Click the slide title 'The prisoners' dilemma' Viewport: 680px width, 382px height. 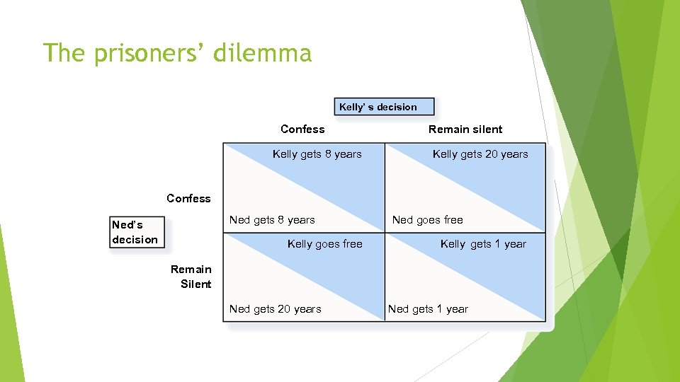tap(177, 53)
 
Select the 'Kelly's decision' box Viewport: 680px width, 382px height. tap(383, 107)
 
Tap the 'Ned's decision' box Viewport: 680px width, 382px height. tap(136, 233)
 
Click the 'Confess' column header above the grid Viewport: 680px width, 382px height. tap(302, 129)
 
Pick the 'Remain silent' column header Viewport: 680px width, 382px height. tap(465, 129)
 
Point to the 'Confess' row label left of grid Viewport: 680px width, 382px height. tap(188, 198)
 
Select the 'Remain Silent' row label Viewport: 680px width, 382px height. tap(191, 277)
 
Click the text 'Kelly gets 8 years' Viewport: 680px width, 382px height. tap(317, 154)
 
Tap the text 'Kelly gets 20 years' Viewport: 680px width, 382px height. tap(480, 154)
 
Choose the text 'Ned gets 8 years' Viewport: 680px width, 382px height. tap(272, 220)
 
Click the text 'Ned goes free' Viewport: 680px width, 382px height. tap(427, 220)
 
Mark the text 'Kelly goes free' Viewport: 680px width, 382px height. tap(324, 244)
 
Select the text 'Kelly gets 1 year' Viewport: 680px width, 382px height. tap(483, 244)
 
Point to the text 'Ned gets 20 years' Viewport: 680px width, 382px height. tap(275, 309)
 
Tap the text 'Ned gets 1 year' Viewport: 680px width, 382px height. tap(428, 309)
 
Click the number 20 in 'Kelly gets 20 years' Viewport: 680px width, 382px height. tap(491, 154)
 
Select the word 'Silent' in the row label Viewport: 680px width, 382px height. tap(196, 284)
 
